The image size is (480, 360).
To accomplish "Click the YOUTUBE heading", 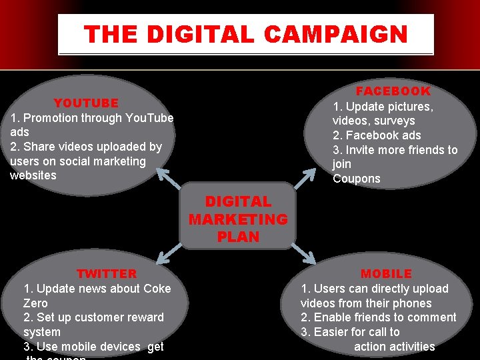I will [x=86, y=103].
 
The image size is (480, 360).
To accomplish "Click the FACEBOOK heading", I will [x=393, y=91].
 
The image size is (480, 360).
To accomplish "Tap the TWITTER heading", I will [x=107, y=274].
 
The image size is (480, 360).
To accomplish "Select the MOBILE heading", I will [x=386, y=274].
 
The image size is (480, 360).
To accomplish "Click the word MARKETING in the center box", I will [x=238, y=219].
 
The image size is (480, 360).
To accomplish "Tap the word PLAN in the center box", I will [x=238, y=237].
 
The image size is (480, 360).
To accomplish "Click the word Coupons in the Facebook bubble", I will [x=357, y=179].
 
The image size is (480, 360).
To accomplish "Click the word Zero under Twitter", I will [x=35, y=303].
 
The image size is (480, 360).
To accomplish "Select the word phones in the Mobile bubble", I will [x=413, y=303].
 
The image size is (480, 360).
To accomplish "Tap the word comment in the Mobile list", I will [x=433, y=317].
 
